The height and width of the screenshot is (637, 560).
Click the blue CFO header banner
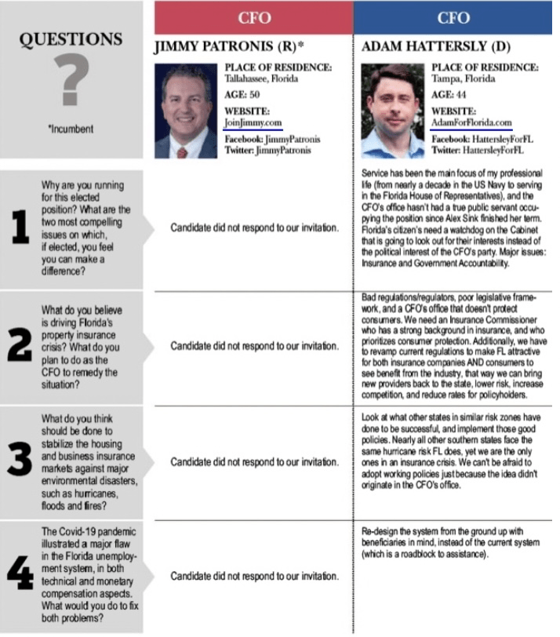pos(453,18)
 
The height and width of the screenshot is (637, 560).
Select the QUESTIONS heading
pos(70,39)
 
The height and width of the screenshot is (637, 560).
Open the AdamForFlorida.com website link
pos(471,123)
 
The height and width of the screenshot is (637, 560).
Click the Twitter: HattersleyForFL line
pos(477,150)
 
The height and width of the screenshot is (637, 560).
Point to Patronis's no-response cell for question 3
pos(254,461)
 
